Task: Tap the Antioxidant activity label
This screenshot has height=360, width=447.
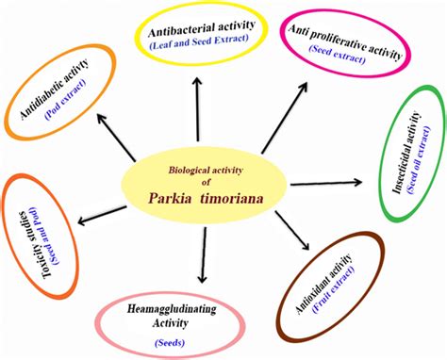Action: point(335,279)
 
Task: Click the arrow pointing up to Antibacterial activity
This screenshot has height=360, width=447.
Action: point(196,104)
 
